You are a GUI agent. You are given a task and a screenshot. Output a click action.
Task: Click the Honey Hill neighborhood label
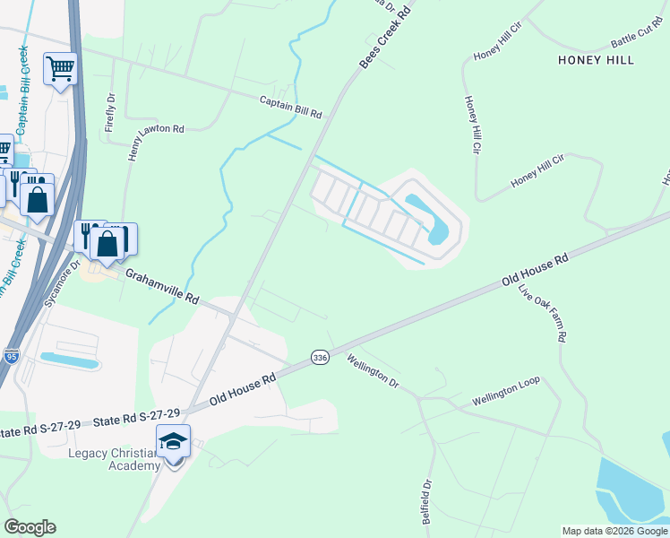596,60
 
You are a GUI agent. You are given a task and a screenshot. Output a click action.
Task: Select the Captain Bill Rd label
290,108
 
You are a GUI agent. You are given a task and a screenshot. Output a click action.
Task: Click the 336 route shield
320,358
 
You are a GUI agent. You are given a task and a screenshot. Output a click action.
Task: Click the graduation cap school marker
173,440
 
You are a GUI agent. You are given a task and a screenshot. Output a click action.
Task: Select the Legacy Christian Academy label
114,458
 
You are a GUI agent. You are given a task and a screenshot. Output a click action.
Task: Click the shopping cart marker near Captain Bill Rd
60,68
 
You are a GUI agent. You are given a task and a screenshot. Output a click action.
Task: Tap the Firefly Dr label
109,112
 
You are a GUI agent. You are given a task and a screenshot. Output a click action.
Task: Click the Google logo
30,526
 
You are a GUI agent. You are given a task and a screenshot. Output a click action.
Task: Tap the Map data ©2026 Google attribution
614,531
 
